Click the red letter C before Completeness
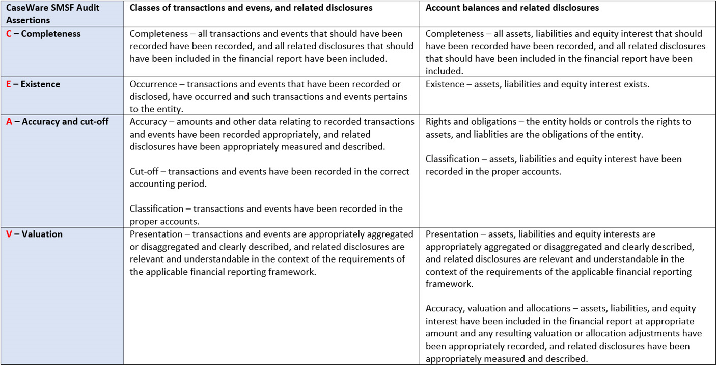coord(9,34)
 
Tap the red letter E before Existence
coord(9,84)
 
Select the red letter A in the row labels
coord(9,122)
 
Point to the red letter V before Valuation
coord(9,234)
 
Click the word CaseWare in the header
coord(25,8)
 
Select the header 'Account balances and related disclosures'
coord(512,8)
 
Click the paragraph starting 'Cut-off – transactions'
coord(269,177)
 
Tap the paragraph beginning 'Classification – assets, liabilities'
coord(553,165)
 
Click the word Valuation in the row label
coord(42,234)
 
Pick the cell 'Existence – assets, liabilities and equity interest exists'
coord(537,84)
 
